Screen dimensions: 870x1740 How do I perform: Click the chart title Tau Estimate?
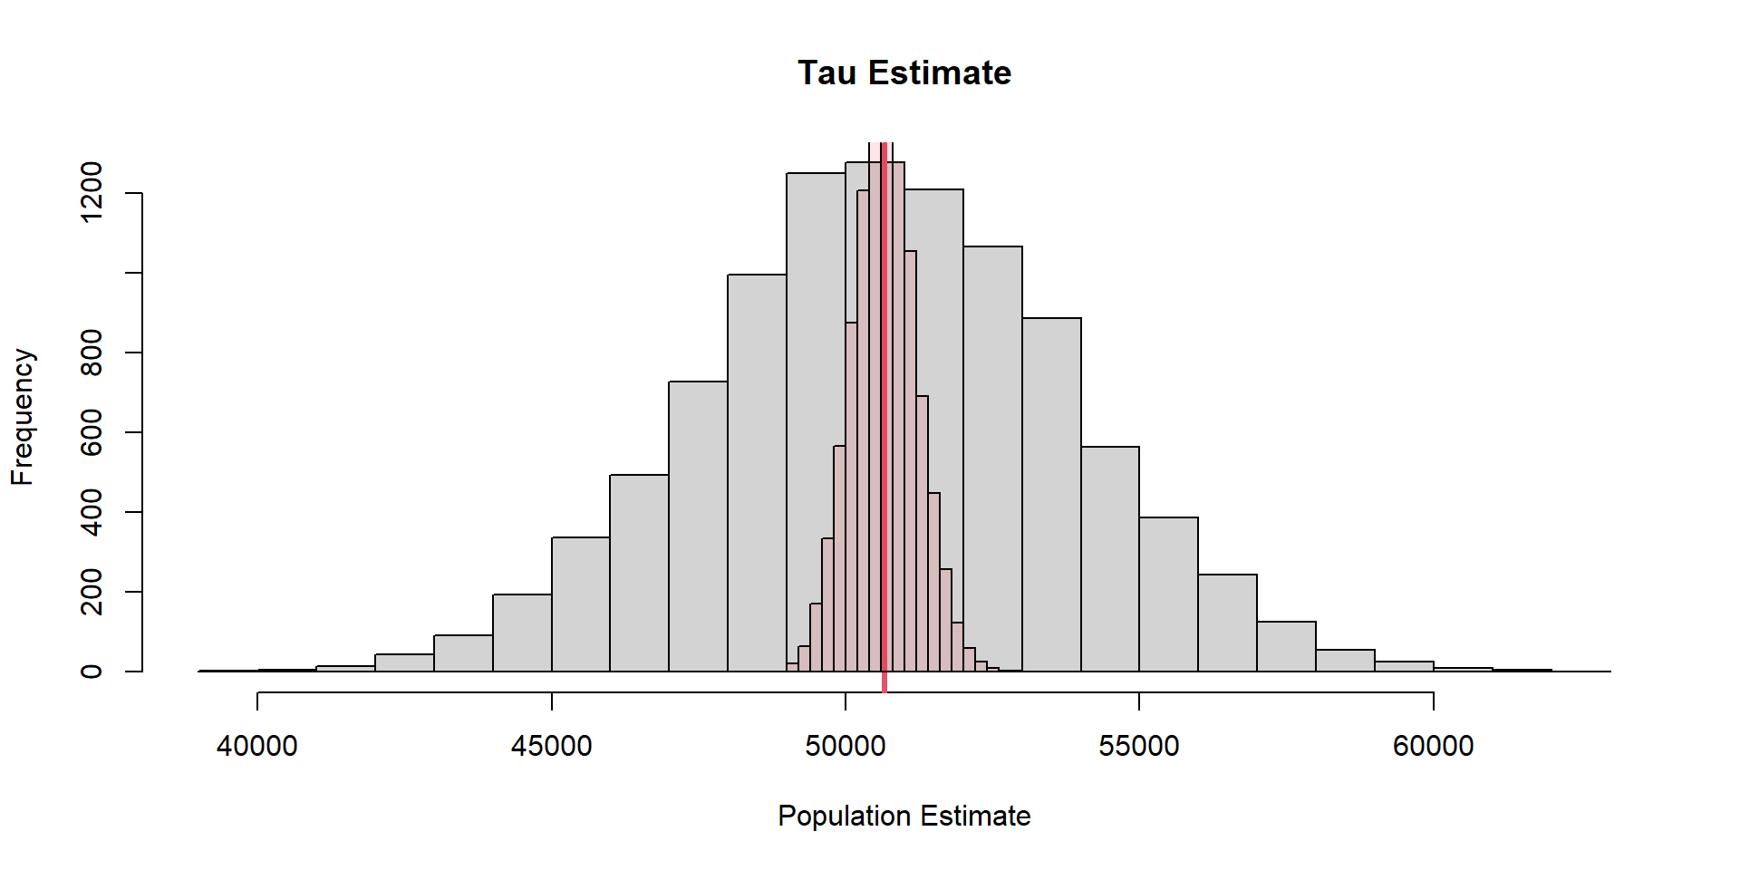[904, 73]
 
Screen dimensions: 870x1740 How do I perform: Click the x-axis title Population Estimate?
[904, 816]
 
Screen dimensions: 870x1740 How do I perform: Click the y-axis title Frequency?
[22, 417]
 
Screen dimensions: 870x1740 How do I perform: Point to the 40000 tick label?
[257, 746]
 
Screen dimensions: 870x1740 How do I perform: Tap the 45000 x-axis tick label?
[551, 746]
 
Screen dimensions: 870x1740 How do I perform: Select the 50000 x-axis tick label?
[845, 746]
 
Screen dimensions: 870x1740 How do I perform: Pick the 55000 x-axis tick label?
[1139, 746]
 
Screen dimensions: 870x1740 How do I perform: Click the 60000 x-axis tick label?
[1433, 746]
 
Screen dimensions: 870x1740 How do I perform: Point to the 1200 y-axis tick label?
[92, 192]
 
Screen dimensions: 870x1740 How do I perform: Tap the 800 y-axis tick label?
[92, 353]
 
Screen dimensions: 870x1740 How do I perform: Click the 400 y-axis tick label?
[92, 512]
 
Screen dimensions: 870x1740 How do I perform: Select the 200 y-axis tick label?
[92, 592]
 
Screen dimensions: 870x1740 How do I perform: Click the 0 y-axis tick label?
[92, 672]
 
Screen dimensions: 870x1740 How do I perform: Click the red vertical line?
[884, 408]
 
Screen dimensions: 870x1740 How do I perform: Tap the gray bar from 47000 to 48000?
[698, 527]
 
